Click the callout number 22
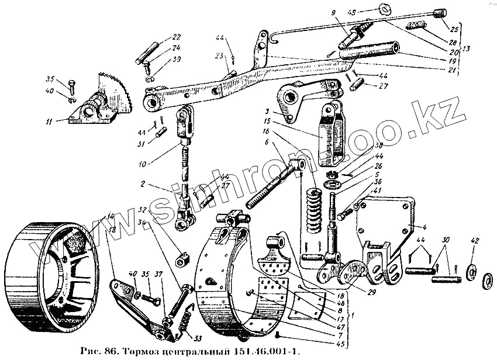tap(176, 37)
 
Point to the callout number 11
tap(50, 122)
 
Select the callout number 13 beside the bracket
tap(466, 49)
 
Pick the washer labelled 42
tap(471, 272)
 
